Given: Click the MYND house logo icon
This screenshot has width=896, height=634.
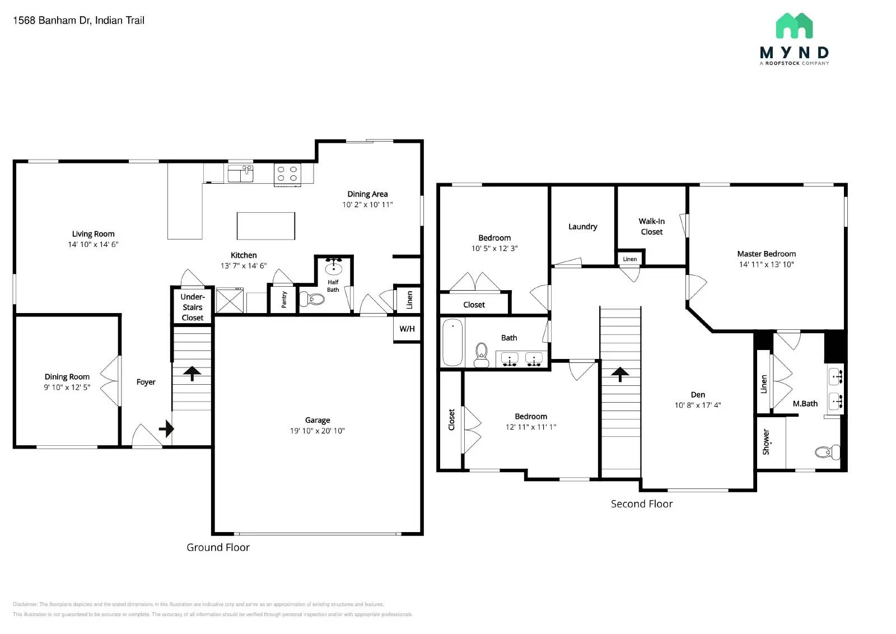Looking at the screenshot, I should click(794, 26).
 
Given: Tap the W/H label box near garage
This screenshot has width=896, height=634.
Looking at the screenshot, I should click(407, 329).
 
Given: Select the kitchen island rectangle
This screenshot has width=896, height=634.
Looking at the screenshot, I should click(265, 226).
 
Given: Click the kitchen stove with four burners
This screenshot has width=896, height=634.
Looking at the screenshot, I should click(287, 174).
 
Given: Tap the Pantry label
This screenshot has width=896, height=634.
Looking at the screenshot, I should click(283, 299).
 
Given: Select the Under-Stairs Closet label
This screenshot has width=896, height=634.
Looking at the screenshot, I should click(192, 307).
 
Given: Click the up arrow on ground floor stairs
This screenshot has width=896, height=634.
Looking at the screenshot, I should click(192, 373).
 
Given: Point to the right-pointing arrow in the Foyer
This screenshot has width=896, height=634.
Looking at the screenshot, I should click(166, 429).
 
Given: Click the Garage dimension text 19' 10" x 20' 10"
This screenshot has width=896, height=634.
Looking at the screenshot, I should click(317, 431).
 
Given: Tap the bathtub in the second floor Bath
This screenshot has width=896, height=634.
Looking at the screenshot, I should click(452, 342).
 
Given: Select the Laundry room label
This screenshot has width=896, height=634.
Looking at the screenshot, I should click(582, 226).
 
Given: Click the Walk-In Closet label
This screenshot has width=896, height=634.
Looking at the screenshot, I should click(651, 226).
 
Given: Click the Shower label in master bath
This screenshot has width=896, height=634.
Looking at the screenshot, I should click(766, 442).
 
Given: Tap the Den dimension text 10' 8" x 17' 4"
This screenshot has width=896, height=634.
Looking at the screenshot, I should click(697, 405).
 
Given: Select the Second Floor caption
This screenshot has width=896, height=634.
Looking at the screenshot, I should click(641, 504).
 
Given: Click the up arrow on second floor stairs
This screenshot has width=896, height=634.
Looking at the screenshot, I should click(620, 374).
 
